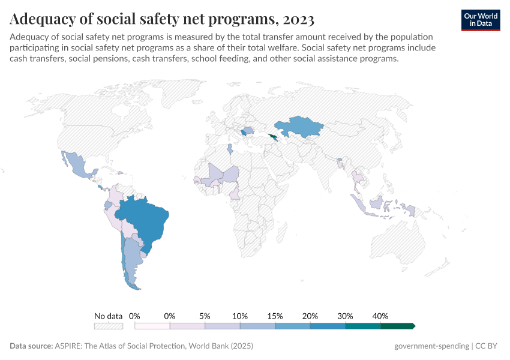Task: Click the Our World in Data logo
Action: click(x=480, y=20)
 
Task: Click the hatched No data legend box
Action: click(x=108, y=326)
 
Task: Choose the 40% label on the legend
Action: click(x=380, y=316)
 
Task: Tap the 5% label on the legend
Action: click(x=205, y=316)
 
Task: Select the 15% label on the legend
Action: click(x=275, y=316)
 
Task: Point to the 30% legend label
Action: click(x=345, y=316)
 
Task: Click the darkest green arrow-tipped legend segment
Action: click(x=397, y=326)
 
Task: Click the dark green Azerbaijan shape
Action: click(x=274, y=137)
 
